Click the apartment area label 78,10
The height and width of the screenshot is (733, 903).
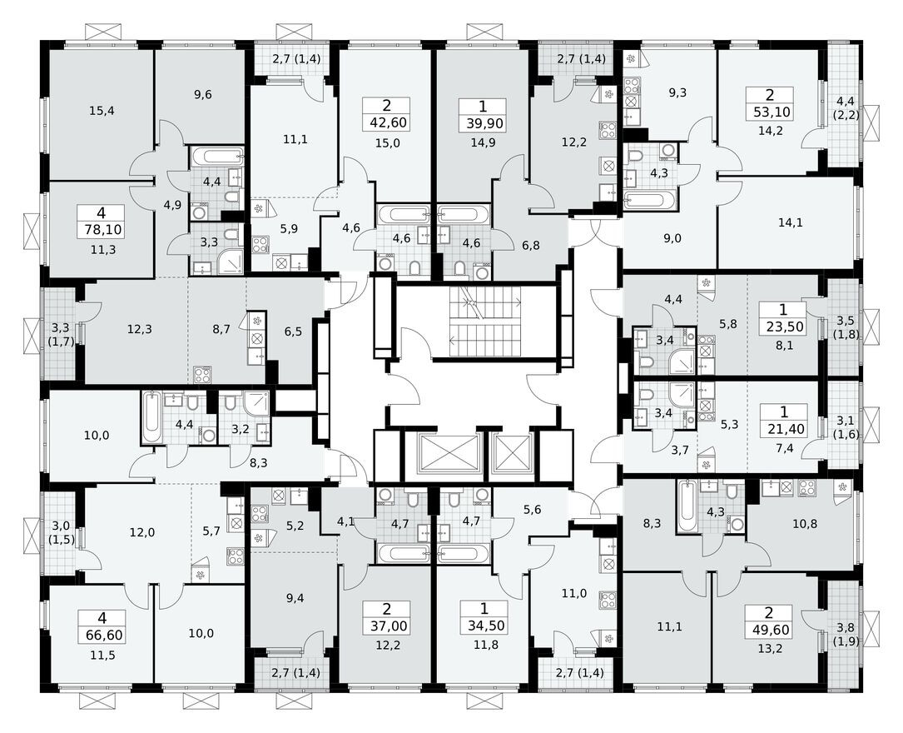coord(101,229)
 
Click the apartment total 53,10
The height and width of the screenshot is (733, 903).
coord(757,112)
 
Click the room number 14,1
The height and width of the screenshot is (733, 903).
coord(786,222)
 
